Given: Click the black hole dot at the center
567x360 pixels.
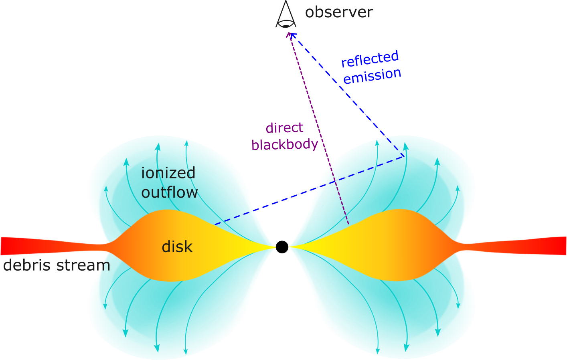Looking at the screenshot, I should [x=282, y=247].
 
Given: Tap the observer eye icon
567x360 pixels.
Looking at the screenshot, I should [x=286, y=16].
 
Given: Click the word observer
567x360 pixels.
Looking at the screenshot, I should [x=339, y=12].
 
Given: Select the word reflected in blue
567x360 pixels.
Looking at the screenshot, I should [x=370, y=59].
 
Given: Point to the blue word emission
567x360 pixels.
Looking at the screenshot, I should [x=372, y=76].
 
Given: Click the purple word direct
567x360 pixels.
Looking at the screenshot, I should [x=284, y=128].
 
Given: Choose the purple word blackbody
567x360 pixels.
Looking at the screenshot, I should [x=285, y=144].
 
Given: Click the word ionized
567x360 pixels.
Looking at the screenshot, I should [x=168, y=173].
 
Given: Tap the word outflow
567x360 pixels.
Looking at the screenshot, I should [x=169, y=192].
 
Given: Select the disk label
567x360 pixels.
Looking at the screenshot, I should [x=177, y=247].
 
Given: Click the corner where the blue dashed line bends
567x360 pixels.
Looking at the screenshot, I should [x=403, y=156].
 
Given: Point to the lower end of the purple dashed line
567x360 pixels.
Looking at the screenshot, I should [x=348, y=224].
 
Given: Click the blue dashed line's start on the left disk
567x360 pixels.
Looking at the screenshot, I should [x=215, y=224].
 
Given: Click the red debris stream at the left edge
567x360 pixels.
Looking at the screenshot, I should [x=8, y=246].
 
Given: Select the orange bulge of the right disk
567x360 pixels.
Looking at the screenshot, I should [x=405, y=245].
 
